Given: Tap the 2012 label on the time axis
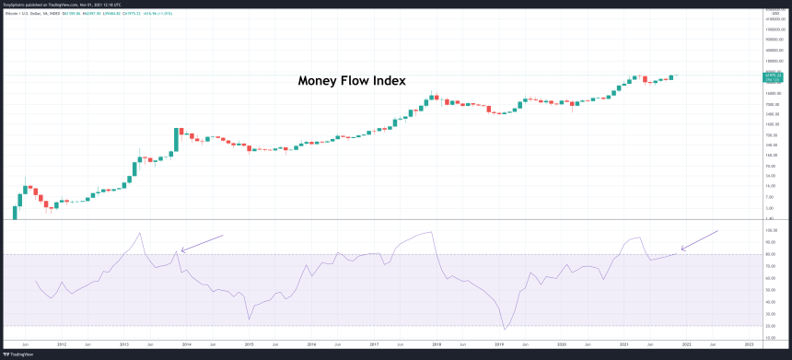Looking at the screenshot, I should click(61, 344).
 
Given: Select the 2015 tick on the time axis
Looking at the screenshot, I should click(249, 344).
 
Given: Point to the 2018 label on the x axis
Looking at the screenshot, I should click(437, 344).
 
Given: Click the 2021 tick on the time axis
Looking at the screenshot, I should click(624, 344).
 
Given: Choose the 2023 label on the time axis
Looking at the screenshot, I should click(749, 344).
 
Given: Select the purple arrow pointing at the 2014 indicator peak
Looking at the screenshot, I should click(203, 242).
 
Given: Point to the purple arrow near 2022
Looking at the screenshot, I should click(699, 239).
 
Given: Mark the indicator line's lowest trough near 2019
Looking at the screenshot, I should click(505, 330).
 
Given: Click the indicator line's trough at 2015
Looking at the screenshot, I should click(249, 319).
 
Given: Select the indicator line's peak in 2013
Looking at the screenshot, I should click(139, 232).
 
